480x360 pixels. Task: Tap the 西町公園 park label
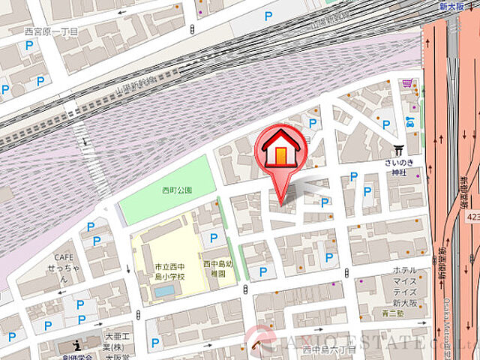(x=177, y=190)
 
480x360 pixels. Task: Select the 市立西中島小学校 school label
(x=160, y=271)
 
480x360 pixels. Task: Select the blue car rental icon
(x=409, y=121)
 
